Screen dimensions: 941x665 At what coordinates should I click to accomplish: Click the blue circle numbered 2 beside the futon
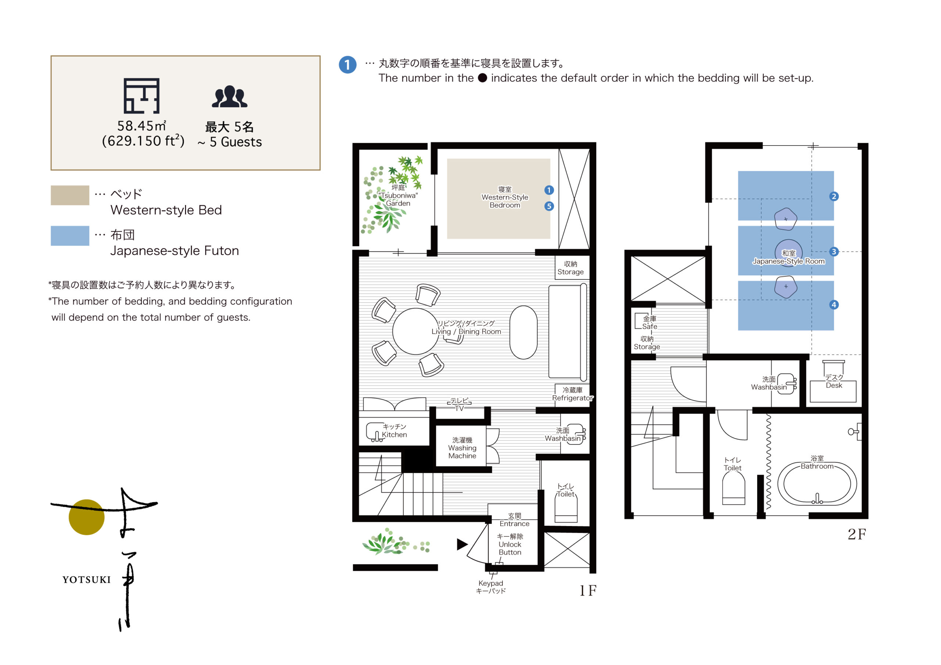click(834, 196)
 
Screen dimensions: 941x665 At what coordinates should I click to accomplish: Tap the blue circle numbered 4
click(834, 305)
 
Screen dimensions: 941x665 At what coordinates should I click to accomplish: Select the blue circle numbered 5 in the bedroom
click(549, 206)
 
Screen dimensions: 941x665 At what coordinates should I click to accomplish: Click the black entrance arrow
click(462, 544)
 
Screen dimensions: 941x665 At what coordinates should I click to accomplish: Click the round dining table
click(416, 331)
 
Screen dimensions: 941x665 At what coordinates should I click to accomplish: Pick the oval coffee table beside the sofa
click(523, 332)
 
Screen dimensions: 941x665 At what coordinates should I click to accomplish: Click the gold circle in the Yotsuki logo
click(86, 517)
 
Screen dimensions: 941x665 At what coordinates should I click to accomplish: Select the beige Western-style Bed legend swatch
click(70, 195)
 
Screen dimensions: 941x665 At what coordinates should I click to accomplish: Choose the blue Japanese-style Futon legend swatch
click(70, 236)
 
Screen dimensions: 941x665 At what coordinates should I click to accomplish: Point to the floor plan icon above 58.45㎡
click(142, 96)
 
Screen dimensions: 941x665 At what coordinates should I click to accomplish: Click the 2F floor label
click(856, 534)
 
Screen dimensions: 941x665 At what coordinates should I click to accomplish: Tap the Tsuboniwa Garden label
click(398, 196)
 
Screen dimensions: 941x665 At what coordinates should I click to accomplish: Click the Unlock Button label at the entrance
click(510, 544)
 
